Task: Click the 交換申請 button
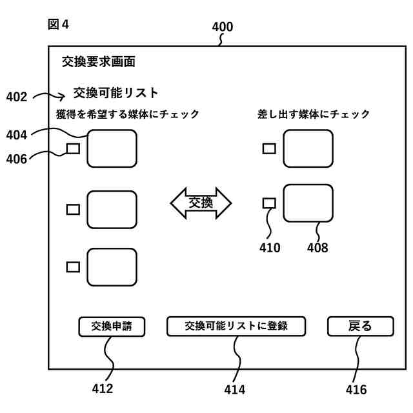112,327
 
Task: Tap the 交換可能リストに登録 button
236,327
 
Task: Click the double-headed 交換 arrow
201,203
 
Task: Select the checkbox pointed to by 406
74,148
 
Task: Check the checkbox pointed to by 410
269,203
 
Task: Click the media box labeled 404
112,148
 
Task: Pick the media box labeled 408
308,203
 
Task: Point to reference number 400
223,27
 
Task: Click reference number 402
17,97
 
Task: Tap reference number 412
102,388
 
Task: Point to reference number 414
234,389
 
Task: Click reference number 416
356,390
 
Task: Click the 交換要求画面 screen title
99,62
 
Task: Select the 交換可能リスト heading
116,92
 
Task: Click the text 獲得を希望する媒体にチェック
128,114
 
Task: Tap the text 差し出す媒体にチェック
312,114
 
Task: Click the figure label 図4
59,25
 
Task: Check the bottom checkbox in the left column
74,266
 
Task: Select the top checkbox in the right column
269,148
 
